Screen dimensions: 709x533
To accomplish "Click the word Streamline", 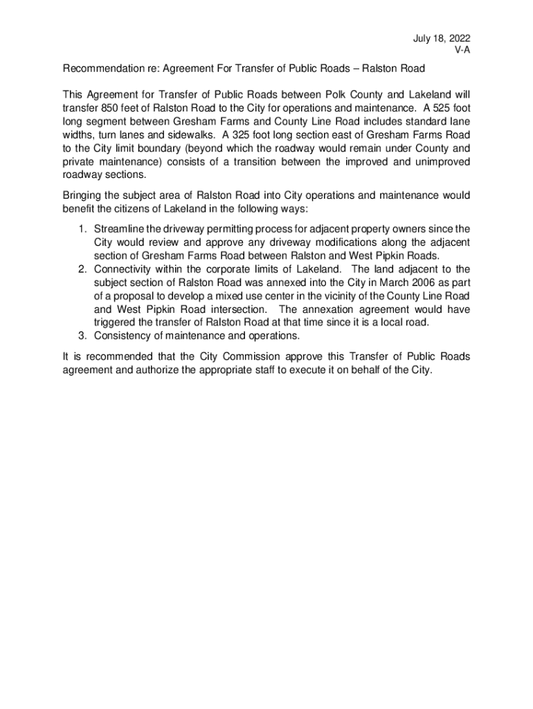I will point(118,228).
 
